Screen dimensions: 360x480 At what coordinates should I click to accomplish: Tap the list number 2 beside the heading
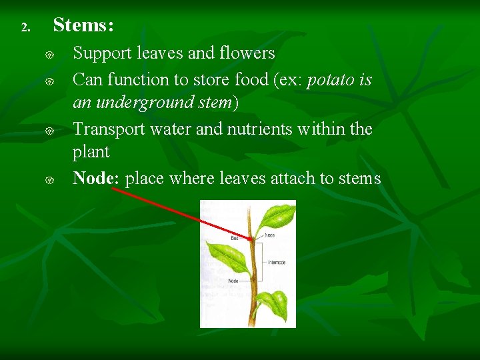point(25,28)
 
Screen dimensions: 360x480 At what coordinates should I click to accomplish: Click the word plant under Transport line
point(91,152)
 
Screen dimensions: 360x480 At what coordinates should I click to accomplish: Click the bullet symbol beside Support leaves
point(49,54)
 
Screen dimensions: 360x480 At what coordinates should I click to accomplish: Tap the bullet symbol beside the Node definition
point(49,179)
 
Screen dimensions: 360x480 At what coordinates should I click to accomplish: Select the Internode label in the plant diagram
point(277,262)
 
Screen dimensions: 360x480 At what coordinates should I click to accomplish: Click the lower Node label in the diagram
point(233,281)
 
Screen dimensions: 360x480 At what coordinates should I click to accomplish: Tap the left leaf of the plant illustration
point(227,257)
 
